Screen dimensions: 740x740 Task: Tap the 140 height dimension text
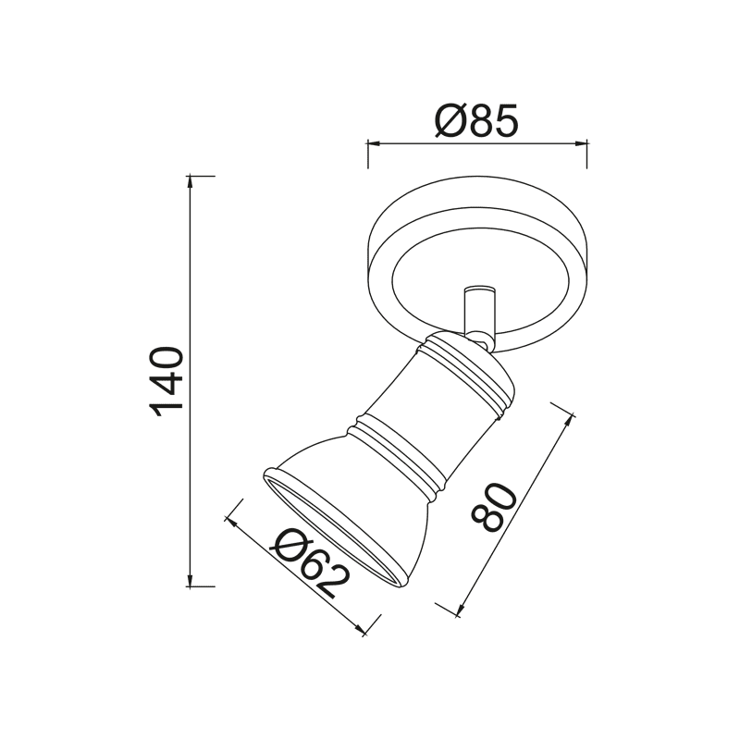tap(170, 381)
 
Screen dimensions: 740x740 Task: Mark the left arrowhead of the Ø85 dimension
tap(373, 143)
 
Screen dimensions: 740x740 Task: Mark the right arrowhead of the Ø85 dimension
tap(582, 143)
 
